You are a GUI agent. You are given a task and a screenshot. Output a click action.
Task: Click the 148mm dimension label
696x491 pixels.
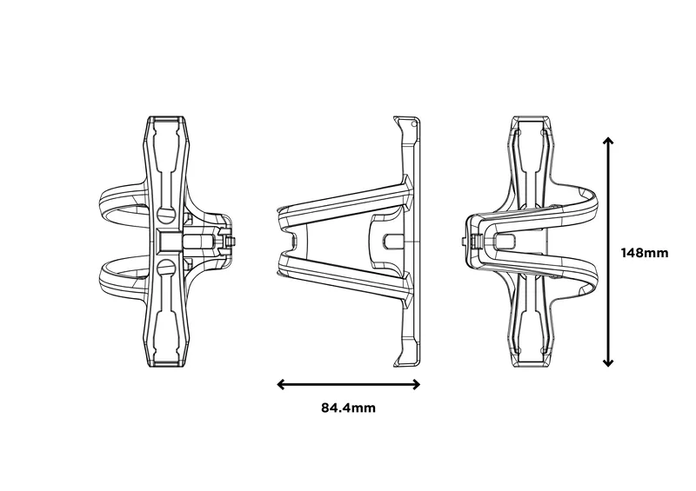tap(645, 253)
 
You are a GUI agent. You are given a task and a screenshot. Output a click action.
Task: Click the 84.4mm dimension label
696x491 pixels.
tap(348, 407)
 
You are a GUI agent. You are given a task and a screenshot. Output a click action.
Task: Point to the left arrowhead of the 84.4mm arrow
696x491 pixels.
tap(280, 383)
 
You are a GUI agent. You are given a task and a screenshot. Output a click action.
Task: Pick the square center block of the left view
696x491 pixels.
tap(171, 239)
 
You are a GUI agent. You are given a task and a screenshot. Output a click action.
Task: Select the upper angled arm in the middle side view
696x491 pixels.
tap(344, 198)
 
